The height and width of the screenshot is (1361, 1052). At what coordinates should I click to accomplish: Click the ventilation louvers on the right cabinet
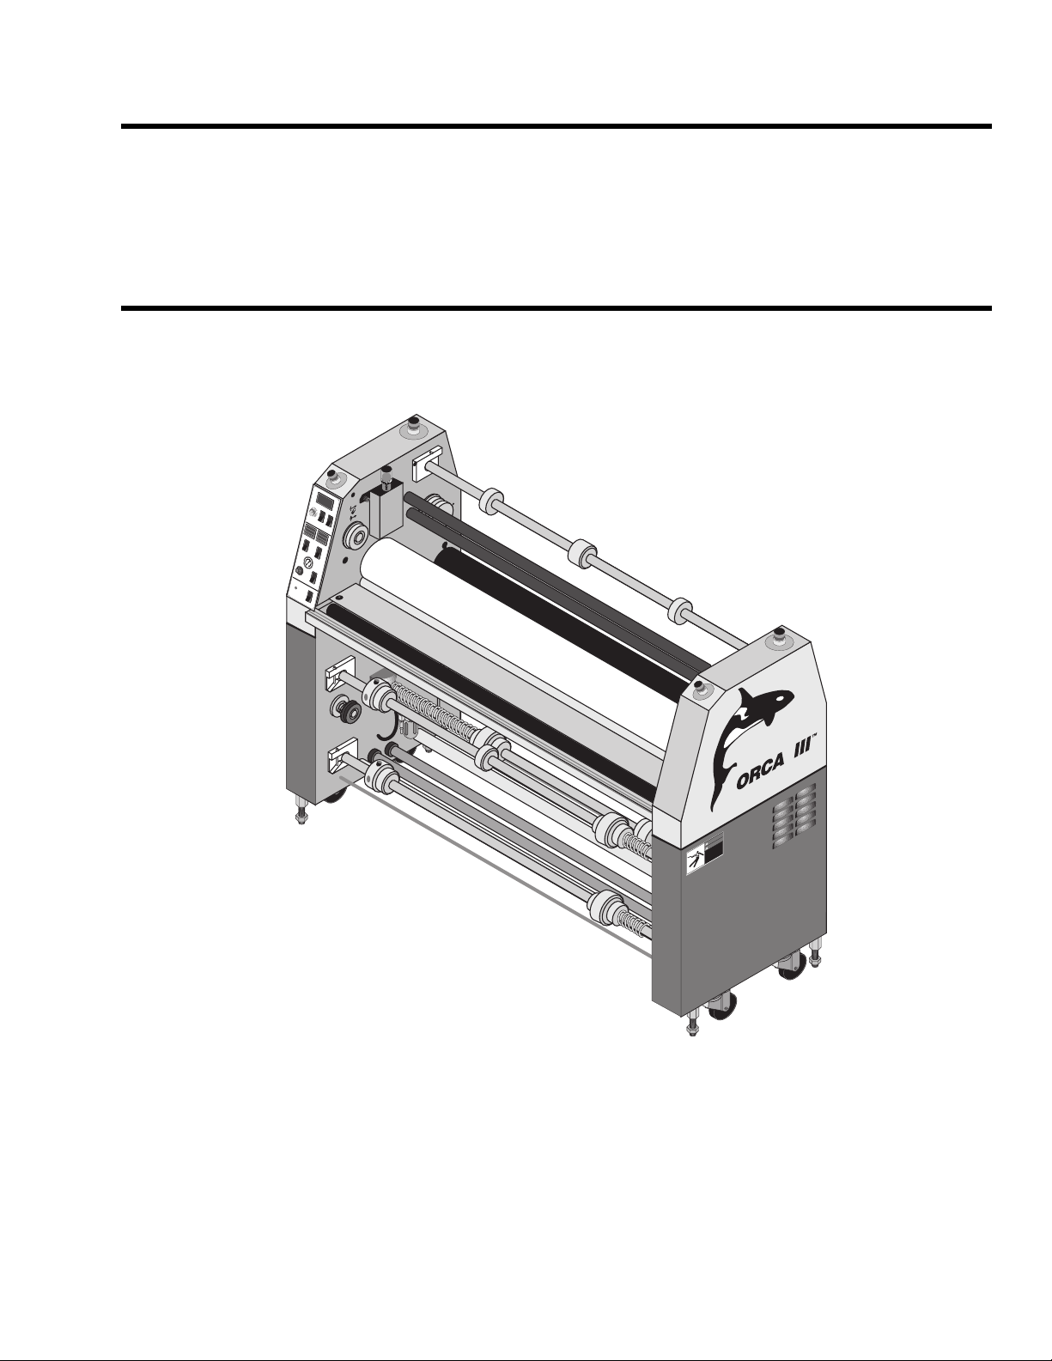[x=794, y=815]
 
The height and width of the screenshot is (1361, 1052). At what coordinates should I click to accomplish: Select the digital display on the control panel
[x=325, y=501]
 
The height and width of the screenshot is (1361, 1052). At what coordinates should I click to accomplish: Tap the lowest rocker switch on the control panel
[x=308, y=596]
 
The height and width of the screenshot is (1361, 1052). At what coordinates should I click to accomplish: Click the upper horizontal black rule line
[x=556, y=126]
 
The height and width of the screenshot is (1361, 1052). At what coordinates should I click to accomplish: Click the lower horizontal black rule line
[x=556, y=308]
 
